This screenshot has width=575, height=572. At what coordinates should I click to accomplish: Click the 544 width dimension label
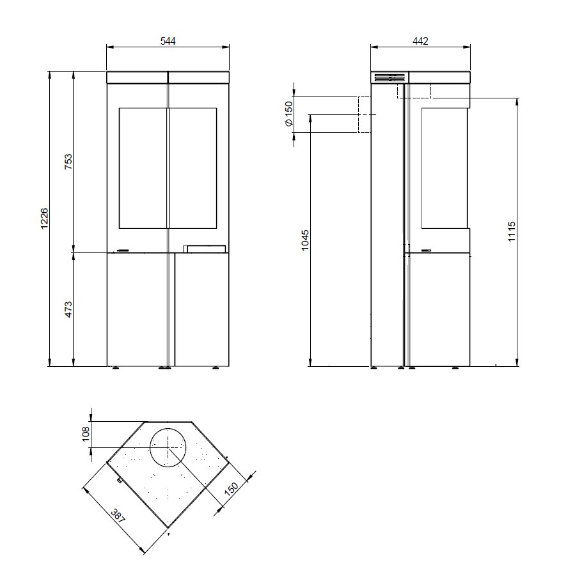(x=168, y=41)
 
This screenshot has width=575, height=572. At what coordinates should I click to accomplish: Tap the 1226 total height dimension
(x=44, y=219)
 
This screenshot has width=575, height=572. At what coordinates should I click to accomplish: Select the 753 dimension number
(x=68, y=162)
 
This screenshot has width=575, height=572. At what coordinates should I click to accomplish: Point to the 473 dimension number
(x=68, y=309)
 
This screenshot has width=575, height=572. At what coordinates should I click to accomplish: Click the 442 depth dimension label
(x=420, y=41)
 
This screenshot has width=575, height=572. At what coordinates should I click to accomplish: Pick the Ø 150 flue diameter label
(x=289, y=114)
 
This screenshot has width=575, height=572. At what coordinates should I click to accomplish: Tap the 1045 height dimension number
(x=305, y=240)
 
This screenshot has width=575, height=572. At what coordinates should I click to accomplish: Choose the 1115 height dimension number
(x=512, y=231)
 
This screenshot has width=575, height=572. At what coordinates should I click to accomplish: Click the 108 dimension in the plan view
(x=86, y=434)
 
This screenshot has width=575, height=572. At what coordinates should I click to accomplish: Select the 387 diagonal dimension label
(x=118, y=516)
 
